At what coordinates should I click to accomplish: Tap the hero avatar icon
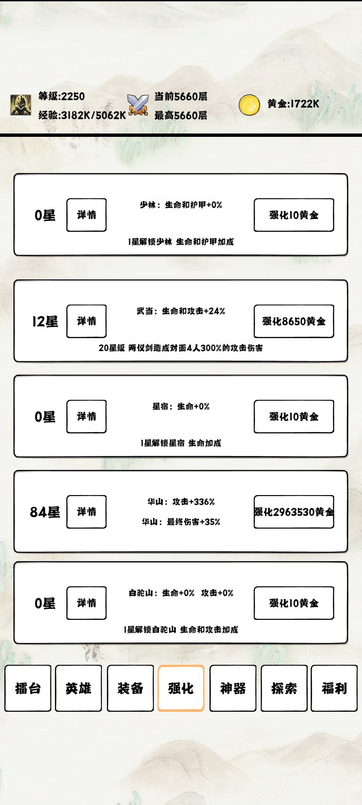[x=21, y=105]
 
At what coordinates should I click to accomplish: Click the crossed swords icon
[x=138, y=105]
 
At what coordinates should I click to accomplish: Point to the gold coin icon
[x=249, y=105]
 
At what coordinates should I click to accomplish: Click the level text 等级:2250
[x=61, y=97]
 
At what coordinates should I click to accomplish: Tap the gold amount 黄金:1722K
[x=293, y=104]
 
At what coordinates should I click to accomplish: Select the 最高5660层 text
[x=181, y=116]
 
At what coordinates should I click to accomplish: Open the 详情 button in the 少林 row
[x=86, y=215]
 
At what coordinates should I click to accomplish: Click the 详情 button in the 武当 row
[x=86, y=321]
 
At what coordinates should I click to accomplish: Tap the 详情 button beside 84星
[x=86, y=512]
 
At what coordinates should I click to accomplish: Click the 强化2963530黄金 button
[x=294, y=512]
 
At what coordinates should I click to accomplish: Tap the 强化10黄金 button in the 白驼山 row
[x=294, y=603]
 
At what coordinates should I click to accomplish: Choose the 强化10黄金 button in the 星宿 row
[x=294, y=417]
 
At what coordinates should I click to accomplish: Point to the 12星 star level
[x=45, y=322]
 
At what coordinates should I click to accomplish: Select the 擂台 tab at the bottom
[x=28, y=688]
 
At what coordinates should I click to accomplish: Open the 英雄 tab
[x=78, y=688]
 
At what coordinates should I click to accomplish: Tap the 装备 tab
[x=130, y=688]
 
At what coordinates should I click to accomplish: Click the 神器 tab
[x=233, y=688]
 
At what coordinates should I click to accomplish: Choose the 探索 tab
[x=284, y=688]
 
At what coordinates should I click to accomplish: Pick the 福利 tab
[x=334, y=688]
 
